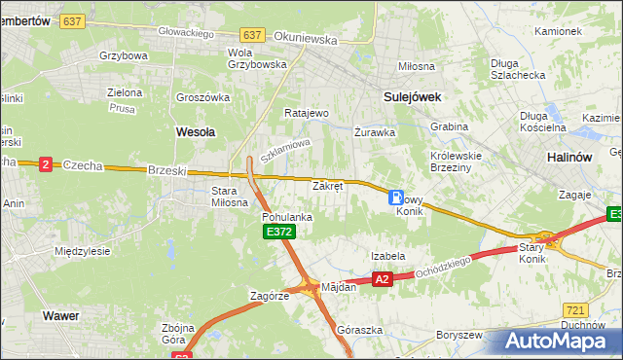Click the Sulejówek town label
[x=413, y=96]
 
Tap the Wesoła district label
[x=195, y=129]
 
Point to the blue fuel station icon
[x=396, y=197]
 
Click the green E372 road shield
[x=277, y=232]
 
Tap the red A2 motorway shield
[x=382, y=279]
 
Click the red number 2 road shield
[x=46, y=164]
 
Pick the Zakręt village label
[x=327, y=185]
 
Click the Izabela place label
[x=387, y=256]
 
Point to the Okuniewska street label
[x=306, y=40]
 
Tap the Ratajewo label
[x=307, y=113]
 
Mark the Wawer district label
[x=60, y=315]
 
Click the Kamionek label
[x=558, y=31]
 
